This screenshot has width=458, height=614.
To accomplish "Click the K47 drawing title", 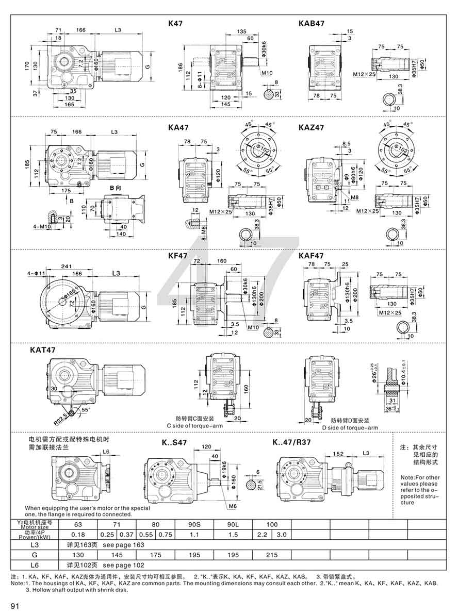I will pyautogui.click(x=175, y=24).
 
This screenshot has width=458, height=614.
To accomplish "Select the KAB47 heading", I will pyautogui.click(x=312, y=24).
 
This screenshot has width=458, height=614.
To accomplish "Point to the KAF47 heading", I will pyautogui.click(x=311, y=256).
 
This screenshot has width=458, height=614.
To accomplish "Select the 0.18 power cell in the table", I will pyautogui.click(x=79, y=535).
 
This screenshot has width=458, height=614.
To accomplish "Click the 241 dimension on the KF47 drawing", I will pyautogui.click(x=65, y=267).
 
